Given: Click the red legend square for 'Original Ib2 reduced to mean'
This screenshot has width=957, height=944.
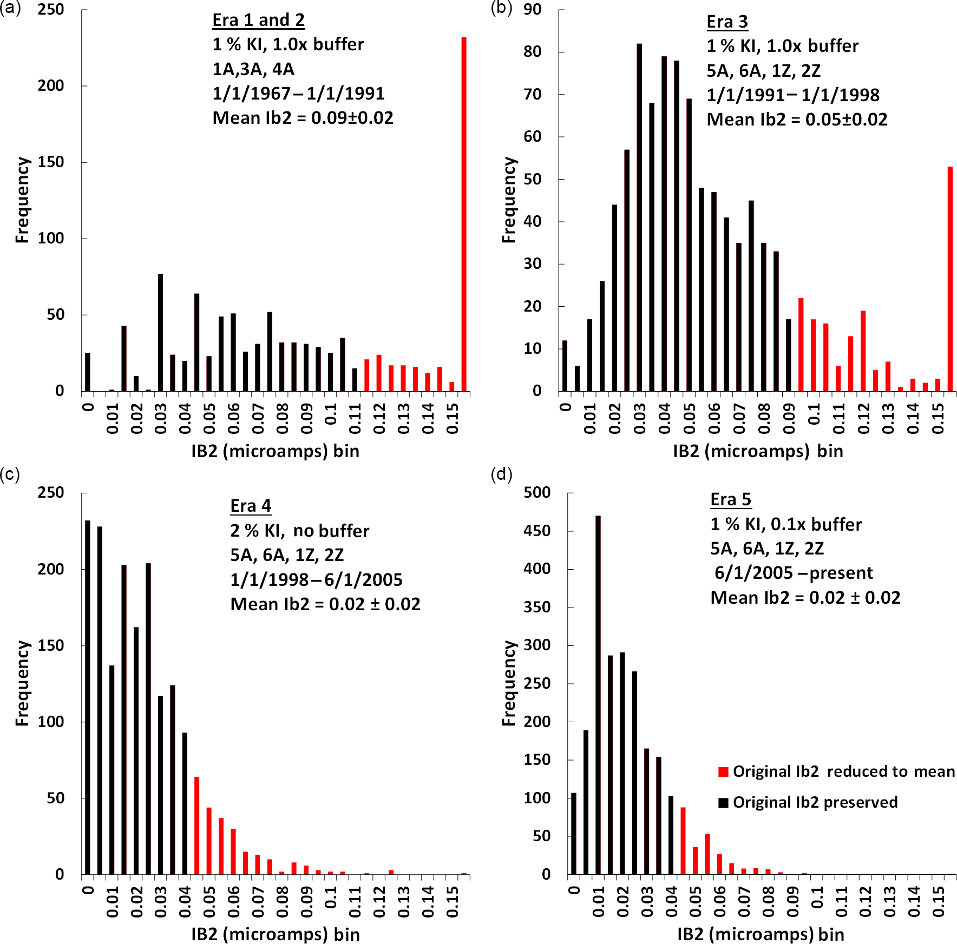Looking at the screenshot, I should coord(723,772).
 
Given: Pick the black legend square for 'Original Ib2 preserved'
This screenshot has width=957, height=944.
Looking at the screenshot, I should coord(723,803).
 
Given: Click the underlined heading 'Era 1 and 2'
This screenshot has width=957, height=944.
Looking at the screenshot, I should coord(258,21).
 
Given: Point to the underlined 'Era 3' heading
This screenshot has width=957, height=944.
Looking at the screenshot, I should coord(727,22).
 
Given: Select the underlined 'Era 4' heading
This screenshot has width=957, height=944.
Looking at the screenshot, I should coord(251,506).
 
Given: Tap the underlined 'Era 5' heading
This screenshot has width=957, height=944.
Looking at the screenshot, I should coord(731,500).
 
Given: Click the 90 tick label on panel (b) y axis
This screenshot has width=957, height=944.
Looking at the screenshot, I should coord(533,10).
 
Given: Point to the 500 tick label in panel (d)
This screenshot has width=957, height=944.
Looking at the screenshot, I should coord(537,493).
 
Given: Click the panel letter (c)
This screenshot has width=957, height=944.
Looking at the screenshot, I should coord(10,474).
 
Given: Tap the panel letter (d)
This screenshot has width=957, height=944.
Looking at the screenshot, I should coord(501,474).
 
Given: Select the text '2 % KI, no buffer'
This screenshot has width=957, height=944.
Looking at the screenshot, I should coord(299,531).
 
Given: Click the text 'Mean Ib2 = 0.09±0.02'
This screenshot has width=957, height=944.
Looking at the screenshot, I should coord(303,118).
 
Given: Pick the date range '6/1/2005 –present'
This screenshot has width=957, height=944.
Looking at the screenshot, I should coord(794,573).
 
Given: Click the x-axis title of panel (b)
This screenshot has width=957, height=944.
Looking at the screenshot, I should coord(758,451).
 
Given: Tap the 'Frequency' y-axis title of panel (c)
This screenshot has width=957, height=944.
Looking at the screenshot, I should coord(22,683).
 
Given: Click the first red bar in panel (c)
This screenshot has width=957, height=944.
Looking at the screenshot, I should coord(197,826).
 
